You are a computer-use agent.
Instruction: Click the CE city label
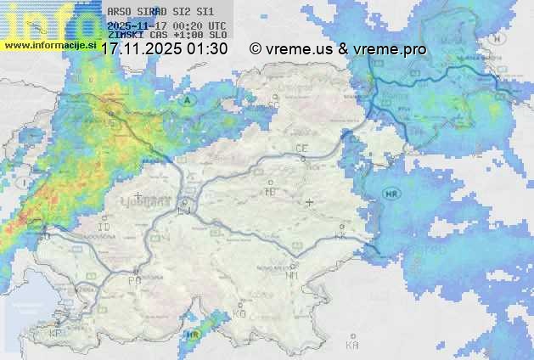(x=301, y=149)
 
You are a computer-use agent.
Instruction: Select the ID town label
(x=104, y=228)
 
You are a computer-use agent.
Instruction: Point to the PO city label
(x=133, y=280)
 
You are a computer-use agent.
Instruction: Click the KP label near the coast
(x=56, y=334)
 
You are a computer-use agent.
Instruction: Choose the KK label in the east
(x=341, y=237)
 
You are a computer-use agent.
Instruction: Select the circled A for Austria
(x=186, y=99)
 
